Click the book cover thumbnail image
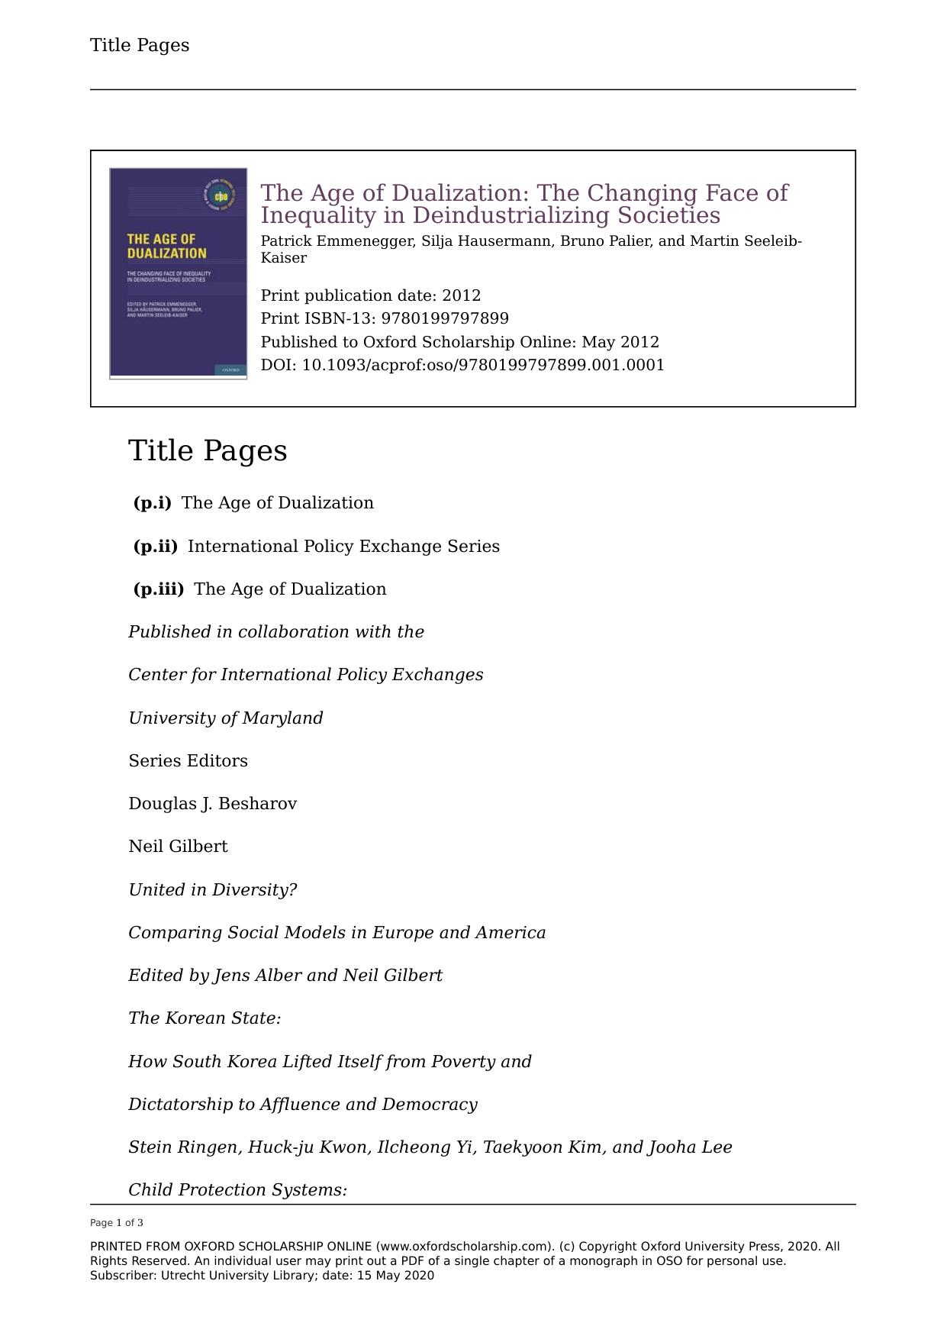(x=178, y=273)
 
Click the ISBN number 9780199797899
(x=445, y=318)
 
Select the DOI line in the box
(x=462, y=365)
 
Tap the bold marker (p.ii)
(x=155, y=547)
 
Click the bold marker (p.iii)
(x=159, y=589)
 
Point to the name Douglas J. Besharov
(x=212, y=804)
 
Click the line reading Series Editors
(x=188, y=761)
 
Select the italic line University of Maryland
(x=225, y=718)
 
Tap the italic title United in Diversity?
(x=212, y=890)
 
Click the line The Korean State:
(x=205, y=1018)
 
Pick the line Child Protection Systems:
(x=237, y=1190)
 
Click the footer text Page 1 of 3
(x=117, y=1222)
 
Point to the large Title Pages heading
(x=208, y=450)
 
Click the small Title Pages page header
(x=140, y=45)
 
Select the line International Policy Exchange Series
(x=343, y=547)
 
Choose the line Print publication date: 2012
(x=371, y=295)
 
